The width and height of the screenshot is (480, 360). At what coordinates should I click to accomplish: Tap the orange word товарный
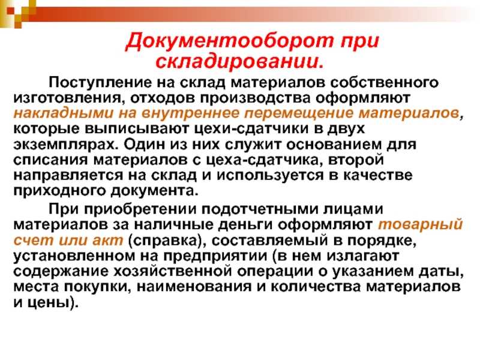(x=421, y=225)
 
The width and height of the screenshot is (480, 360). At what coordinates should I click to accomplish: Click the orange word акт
(x=107, y=241)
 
